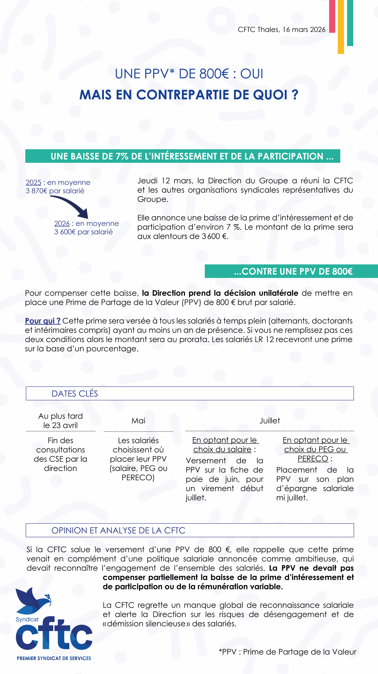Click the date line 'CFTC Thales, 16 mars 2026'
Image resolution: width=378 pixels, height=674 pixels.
coord(281,30)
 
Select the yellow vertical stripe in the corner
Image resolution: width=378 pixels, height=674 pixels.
coord(341,26)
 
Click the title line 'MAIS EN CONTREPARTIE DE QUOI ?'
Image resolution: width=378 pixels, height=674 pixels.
coord(189,95)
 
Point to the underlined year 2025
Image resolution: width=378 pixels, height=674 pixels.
coord(34,182)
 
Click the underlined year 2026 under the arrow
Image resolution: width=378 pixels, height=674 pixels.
coord(62,223)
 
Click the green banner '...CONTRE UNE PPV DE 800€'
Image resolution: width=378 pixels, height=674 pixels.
coord(293,271)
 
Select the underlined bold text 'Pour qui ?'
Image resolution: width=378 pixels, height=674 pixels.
coord(43,321)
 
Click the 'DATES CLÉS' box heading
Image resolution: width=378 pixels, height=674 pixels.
coord(75,394)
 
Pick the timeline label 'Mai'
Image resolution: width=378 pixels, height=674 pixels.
coord(138,421)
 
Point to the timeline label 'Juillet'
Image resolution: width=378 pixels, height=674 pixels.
coord(269,421)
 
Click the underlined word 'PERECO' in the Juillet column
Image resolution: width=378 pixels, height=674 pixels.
coord(313,459)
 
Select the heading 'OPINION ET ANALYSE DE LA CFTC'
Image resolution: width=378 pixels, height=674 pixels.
coord(118,530)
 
